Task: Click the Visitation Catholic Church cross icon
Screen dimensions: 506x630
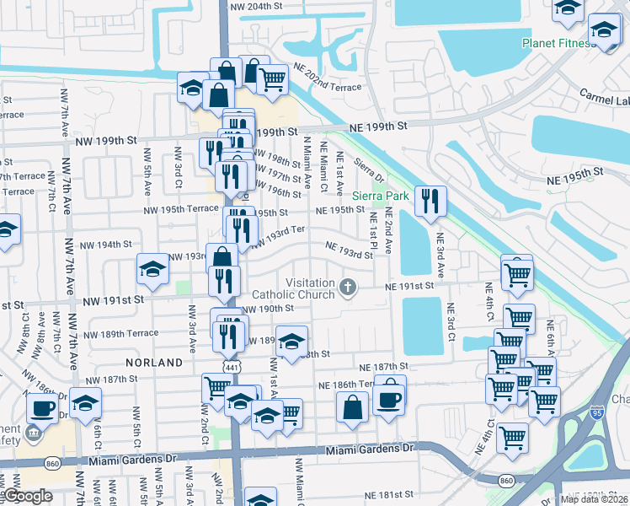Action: [x=347, y=288]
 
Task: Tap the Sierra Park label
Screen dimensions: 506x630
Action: [x=379, y=196]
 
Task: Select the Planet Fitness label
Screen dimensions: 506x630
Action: [x=564, y=42]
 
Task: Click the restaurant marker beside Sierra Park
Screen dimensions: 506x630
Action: [x=430, y=201]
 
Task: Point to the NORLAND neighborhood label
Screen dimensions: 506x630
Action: [x=154, y=362]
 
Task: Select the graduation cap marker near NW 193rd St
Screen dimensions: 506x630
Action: [x=152, y=269]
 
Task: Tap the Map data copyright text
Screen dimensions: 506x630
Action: [x=595, y=499]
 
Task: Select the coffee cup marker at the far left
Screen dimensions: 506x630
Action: [x=43, y=408]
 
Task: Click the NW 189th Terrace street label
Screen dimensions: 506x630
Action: [x=120, y=333]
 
